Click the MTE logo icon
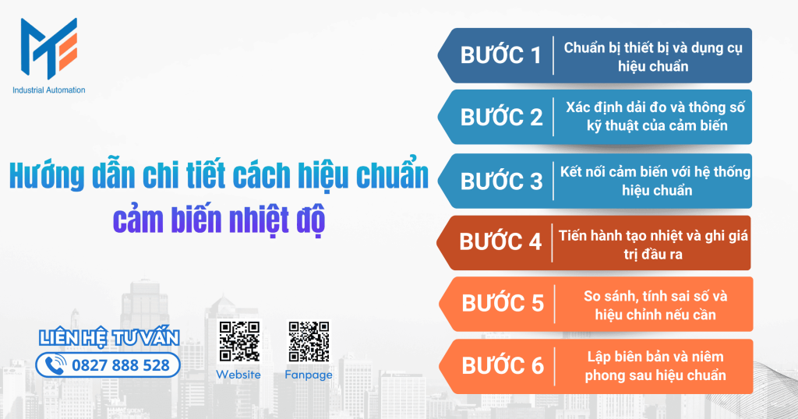(48, 48)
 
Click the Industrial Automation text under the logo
(49, 90)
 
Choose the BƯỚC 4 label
(500, 241)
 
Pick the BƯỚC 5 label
(503, 303)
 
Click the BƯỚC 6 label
(503, 365)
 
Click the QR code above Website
(238, 341)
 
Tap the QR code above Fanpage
(309, 341)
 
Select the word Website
(238, 375)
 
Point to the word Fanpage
(309, 375)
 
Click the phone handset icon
(55, 364)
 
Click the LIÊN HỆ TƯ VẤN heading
(109, 337)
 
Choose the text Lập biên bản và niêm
(655, 357)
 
